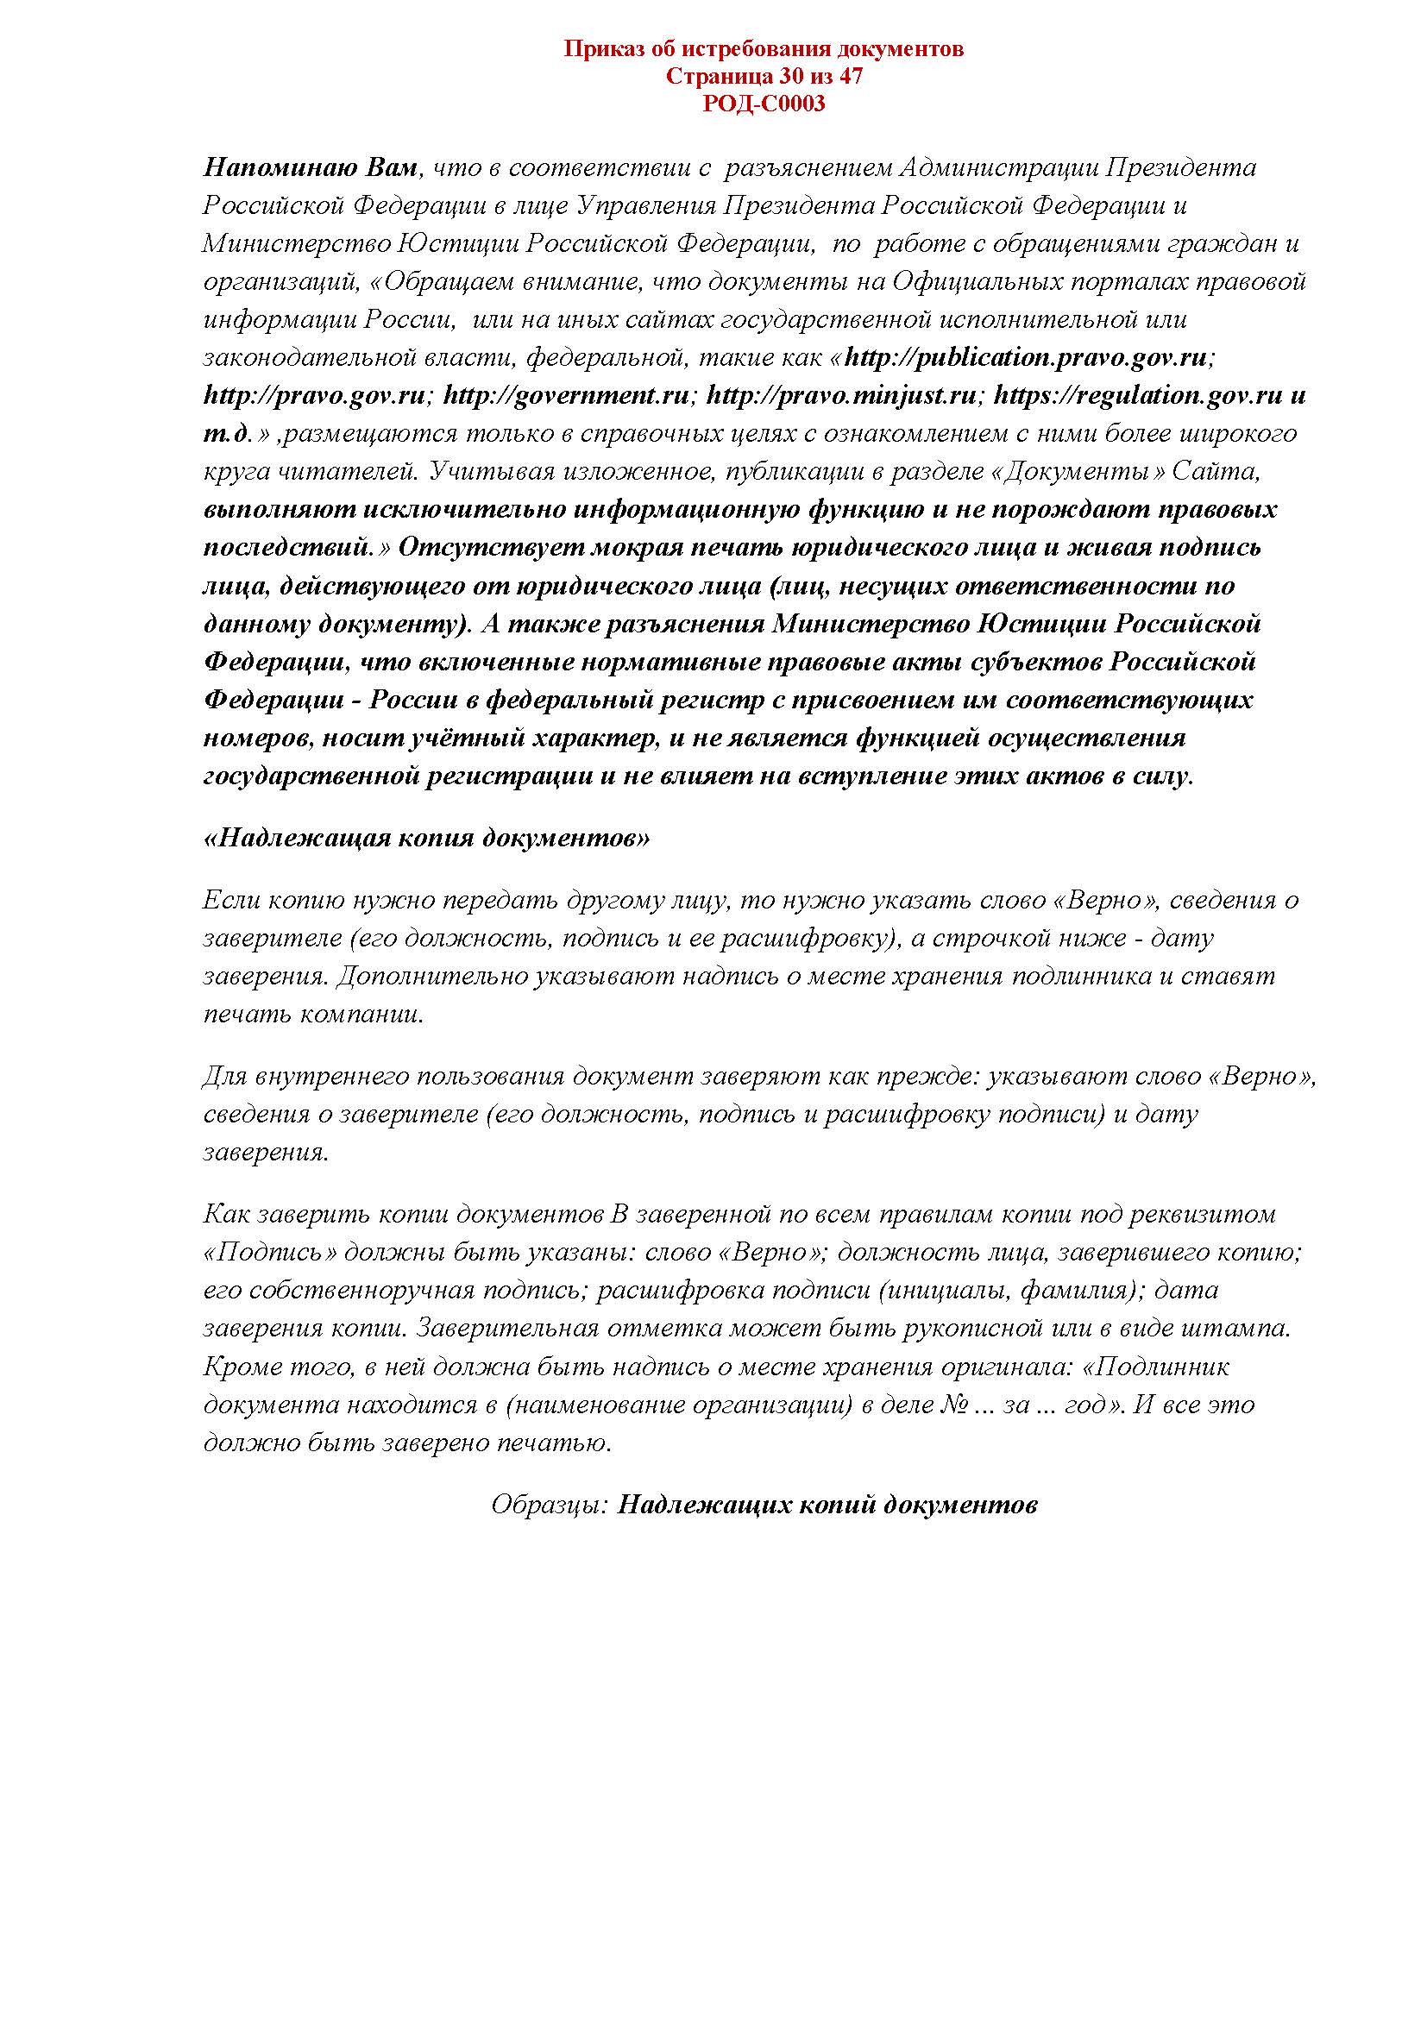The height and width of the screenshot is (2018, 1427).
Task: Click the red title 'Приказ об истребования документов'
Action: pos(763,49)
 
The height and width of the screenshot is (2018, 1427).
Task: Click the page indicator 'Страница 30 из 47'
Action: pos(764,77)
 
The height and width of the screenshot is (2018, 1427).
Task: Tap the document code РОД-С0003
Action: pos(764,104)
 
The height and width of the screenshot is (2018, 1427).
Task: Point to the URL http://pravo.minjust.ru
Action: pos(841,395)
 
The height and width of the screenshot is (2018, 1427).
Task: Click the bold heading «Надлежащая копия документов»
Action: pos(427,838)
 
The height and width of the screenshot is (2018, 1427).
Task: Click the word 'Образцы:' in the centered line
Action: pos(550,1506)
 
